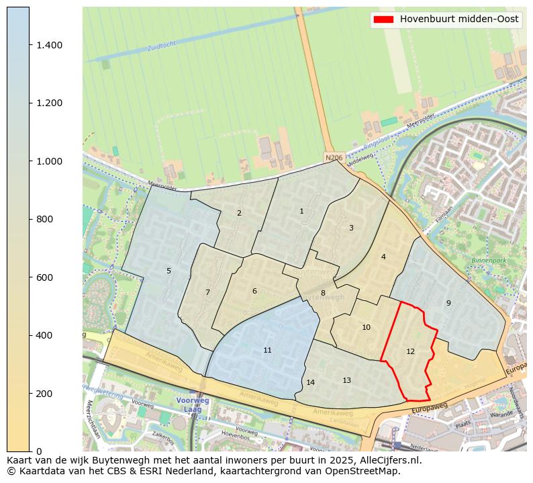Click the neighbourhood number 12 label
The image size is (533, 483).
pos(410,351)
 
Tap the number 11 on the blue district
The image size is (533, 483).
pos(267,350)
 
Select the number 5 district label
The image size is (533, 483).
pos(168,271)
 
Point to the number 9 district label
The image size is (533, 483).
pos(448,303)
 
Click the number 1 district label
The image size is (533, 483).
pos(301,211)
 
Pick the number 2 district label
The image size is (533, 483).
pos(239,213)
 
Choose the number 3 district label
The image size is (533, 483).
pos(351,228)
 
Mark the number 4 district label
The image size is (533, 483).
pos(383,257)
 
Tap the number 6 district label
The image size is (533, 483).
pos(254,291)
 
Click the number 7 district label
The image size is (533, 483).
pos(207,292)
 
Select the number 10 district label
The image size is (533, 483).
pos(366,327)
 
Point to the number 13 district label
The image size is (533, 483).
pos(346,380)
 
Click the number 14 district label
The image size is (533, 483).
pos(310,382)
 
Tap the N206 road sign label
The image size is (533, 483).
pos(333,157)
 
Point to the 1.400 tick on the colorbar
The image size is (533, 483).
pos(50,45)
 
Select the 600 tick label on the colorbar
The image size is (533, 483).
pos(50,277)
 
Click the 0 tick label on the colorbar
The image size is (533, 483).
pos(40,451)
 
